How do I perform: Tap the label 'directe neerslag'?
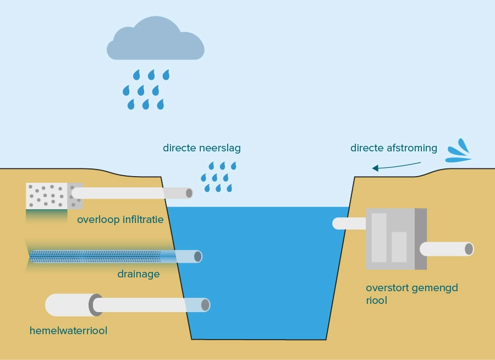point(201,148)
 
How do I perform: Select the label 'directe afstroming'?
point(393,148)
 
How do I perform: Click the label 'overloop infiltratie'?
point(120,220)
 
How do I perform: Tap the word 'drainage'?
point(138,274)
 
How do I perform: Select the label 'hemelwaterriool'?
point(68,331)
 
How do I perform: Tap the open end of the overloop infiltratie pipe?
point(189,193)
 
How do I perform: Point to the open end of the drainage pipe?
point(197,257)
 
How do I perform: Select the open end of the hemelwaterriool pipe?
point(205,305)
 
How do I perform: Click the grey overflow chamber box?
point(396,239)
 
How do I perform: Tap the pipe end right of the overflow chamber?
point(468,249)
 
